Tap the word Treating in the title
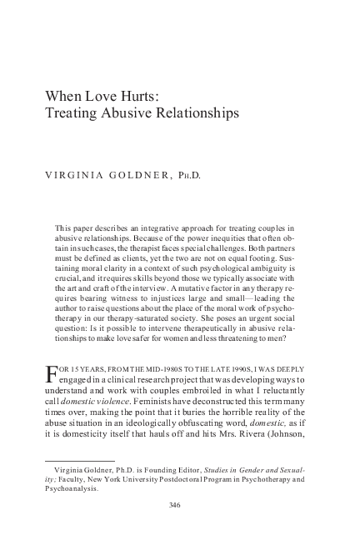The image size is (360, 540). [x=68, y=112]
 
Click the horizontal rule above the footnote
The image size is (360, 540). [x=79, y=460]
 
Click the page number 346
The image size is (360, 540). [x=175, y=505]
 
